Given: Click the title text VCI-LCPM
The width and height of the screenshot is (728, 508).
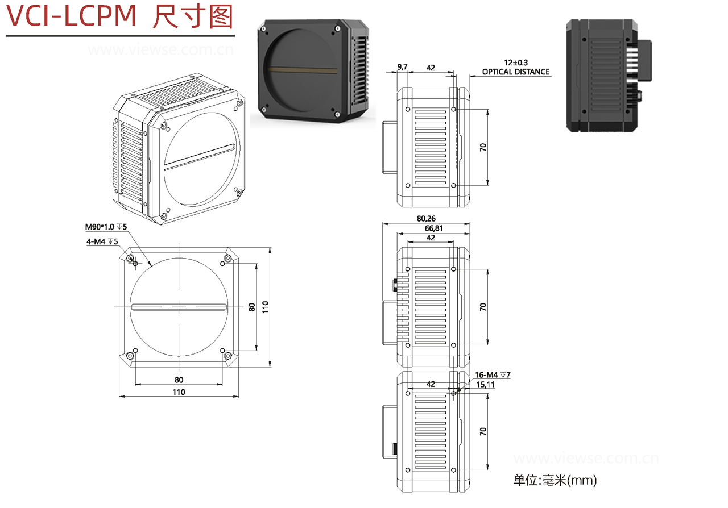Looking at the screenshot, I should (x=71, y=17).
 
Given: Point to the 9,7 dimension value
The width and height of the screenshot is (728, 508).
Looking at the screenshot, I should (x=402, y=67).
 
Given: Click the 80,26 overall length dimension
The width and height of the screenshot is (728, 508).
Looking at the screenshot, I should (x=426, y=218).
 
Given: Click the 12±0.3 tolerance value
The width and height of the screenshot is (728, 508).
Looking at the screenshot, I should (x=516, y=63).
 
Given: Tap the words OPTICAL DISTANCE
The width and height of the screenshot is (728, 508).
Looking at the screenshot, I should (x=516, y=72).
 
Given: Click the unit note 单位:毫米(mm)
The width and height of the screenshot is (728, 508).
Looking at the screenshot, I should (x=555, y=481).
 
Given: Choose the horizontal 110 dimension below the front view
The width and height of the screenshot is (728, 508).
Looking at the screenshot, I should (x=179, y=392).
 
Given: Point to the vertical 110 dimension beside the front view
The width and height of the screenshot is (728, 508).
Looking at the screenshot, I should (x=265, y=306).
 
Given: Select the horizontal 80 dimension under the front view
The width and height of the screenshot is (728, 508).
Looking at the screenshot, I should (x=179, y=380).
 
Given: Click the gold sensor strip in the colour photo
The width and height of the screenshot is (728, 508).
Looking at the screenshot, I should (x=305, y=70).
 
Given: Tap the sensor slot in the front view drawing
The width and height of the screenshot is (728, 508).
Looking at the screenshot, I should (x=179, y=307).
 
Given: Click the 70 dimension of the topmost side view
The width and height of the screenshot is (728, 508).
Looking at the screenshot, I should (x=483, y=147).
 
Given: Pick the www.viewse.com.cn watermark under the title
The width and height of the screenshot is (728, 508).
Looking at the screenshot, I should (x=160, y=50).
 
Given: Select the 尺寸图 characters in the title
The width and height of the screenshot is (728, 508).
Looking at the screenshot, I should (x=193, y=17).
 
